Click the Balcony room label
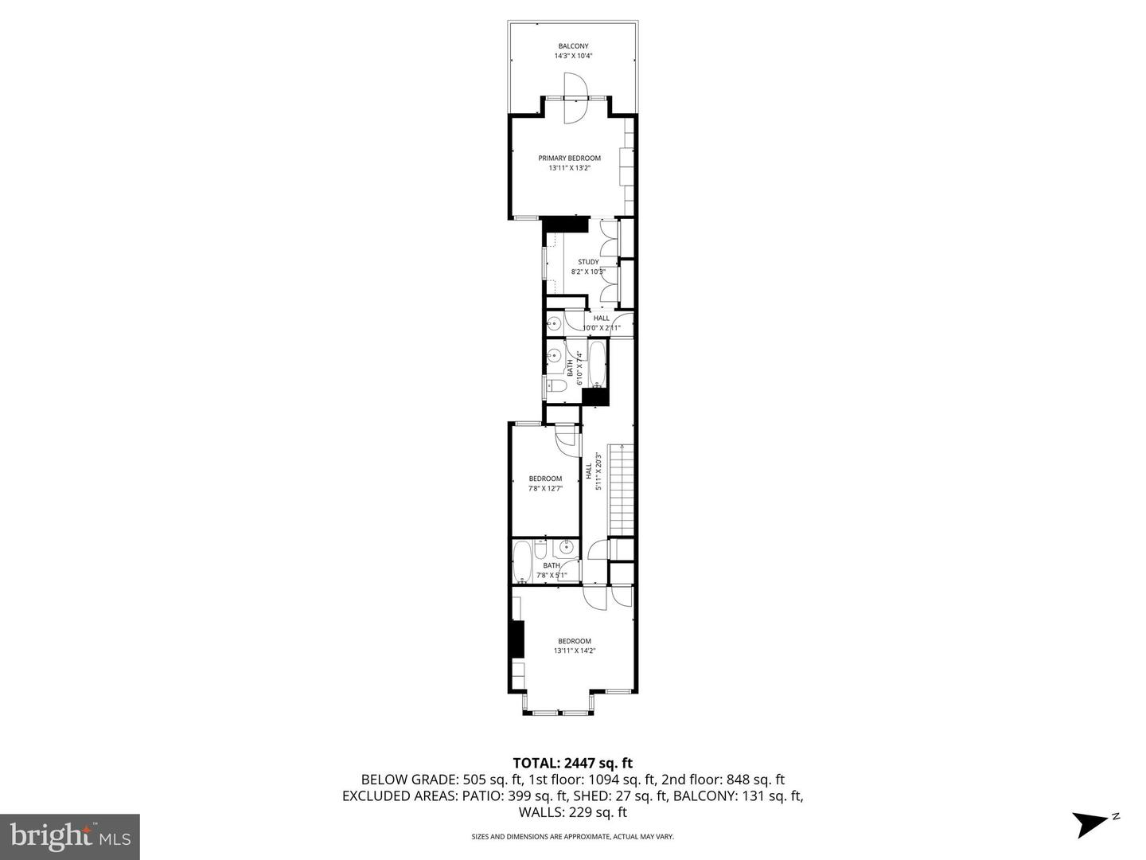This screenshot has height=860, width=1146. (573, 46)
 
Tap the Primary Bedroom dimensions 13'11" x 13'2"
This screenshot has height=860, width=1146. (569, 168)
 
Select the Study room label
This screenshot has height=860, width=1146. (588, 262)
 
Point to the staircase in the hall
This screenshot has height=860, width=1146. (622, 491)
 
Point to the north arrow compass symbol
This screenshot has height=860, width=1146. (1091, 823)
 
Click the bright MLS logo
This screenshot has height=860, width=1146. (70, 837)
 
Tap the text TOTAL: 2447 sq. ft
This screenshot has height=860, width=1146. (573, 764)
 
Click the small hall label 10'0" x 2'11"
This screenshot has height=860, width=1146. (601, 327)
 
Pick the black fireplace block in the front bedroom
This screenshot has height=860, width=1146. (516, 639)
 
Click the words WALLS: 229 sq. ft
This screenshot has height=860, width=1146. (573, 813)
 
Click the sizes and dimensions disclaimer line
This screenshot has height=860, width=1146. (573, 837)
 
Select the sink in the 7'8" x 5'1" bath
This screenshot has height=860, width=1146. (567, 547)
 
